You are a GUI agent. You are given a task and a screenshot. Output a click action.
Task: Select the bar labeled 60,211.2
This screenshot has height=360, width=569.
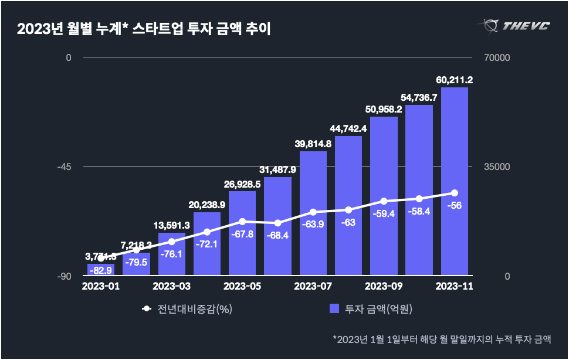[454, 182]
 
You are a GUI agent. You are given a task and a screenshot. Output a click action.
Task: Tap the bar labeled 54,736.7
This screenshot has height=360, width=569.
[419, 191]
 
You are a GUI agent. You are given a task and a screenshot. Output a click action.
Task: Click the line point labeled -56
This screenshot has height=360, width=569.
[455, 193]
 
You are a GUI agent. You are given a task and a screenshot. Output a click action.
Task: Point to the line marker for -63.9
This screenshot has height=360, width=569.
[313, 212]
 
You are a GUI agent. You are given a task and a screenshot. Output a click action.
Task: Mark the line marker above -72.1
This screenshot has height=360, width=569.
[207, 232]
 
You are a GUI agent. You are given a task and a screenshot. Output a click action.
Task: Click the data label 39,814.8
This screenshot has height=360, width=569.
[313, 144]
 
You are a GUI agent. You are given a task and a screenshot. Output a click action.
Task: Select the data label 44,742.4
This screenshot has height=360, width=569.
[348, 128]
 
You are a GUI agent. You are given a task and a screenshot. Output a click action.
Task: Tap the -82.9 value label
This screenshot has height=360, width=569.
[101, 269]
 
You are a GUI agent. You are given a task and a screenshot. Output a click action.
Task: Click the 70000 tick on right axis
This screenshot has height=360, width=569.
[496, 57]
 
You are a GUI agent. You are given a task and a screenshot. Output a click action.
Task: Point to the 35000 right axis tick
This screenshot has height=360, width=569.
[496, 167]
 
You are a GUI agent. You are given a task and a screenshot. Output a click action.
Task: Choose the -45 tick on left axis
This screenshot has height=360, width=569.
[64, 167]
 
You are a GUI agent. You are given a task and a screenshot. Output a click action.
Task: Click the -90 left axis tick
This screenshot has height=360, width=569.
[64, 276]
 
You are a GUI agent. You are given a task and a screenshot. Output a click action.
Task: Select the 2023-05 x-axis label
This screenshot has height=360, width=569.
[242, 286]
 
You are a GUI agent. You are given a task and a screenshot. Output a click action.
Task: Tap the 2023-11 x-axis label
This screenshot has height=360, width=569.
[455, 286]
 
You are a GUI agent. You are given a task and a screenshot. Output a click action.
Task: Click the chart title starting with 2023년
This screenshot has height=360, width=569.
[144, 29]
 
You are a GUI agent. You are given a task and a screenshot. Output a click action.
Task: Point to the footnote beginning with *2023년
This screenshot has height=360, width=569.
[442, 339]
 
